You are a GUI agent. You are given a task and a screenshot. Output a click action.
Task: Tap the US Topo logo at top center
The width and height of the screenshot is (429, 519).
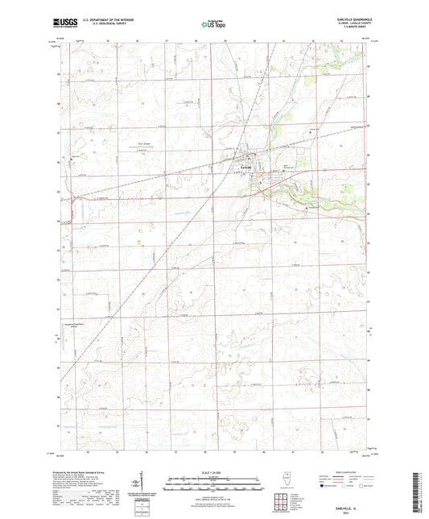click(x=210, y=25)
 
